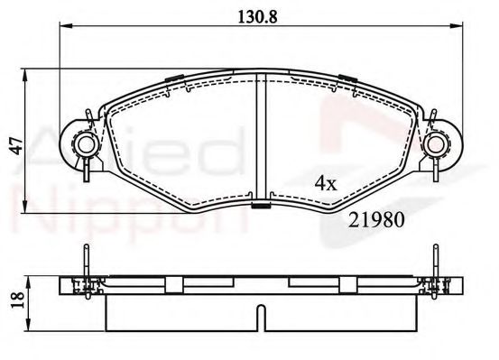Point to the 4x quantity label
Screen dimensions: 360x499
[x=325, y=183]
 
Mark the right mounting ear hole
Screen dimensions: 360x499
[x=439, y=144]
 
